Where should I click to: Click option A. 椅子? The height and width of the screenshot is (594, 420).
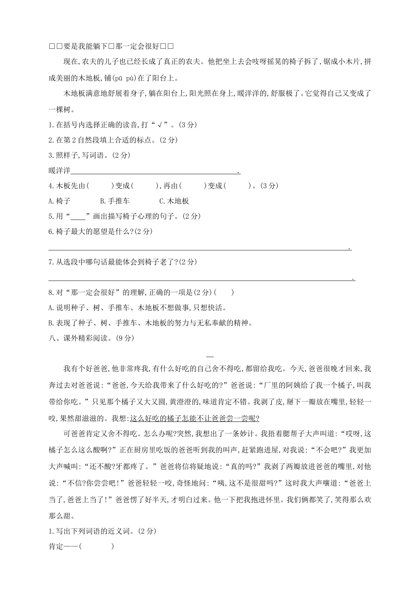[x=60, y=201]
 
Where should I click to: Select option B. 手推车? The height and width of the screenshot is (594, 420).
[x=115, y=201]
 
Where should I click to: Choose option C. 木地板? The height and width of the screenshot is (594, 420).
[x=174, y=201]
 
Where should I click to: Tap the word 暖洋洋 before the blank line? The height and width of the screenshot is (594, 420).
[x=60, y=171]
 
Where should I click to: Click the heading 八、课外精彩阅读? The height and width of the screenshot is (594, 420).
[x=81, y=338]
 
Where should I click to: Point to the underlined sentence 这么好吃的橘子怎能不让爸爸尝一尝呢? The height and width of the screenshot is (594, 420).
[x=194, y=419]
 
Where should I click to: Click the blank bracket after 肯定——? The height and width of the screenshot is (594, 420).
[x=96, y=546]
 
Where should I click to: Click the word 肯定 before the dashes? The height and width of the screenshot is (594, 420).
[x=56, y=546]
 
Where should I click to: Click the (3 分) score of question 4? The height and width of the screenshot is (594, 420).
[x=270, y=186]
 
